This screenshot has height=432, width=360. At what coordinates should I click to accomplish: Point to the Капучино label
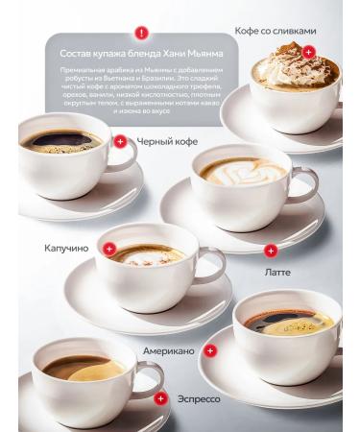pos(66,248)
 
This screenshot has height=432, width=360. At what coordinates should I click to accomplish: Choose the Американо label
pos(168,350)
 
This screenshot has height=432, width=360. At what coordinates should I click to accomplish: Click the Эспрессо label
pos(199,397)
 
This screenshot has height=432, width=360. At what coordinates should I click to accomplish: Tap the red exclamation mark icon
pos(142,33)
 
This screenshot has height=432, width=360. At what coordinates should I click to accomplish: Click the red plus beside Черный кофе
pos(120,141)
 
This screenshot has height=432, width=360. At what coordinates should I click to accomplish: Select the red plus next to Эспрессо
pos(157,396)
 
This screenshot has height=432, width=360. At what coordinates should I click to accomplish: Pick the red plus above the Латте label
pos(271,251)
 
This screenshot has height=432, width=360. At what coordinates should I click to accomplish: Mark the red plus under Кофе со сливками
pos(308,52)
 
